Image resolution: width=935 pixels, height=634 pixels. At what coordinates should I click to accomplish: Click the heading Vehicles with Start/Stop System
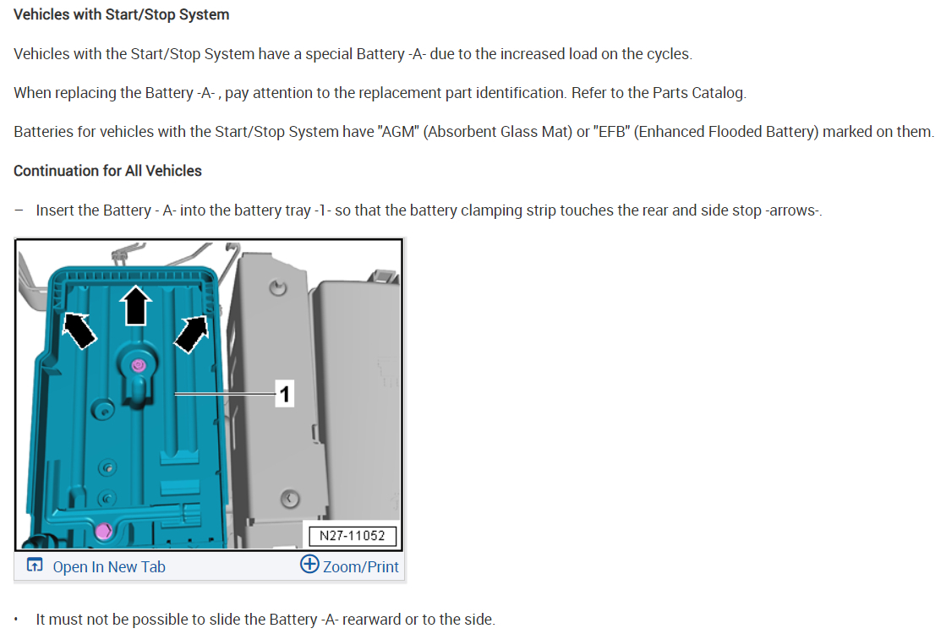click(x=121, y=14)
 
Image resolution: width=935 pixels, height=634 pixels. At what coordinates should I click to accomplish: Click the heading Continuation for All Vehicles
click(x=107, y=171)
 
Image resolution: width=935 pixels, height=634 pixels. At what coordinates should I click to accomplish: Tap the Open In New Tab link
click(x=108, y=567)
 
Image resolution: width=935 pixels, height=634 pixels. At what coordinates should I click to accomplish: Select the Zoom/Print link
click(x=360, y=567)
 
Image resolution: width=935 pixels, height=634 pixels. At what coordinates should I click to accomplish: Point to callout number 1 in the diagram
click(x=285, y=393)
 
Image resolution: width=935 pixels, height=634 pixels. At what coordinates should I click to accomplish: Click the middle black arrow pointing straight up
click(x=135, y=304)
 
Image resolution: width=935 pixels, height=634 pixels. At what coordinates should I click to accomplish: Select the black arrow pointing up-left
click(x=79, y=330)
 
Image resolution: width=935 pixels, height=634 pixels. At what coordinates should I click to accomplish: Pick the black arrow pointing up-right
click(x=192, y=330)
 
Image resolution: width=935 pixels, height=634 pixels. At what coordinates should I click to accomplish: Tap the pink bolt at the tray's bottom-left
click(x=104, y=531)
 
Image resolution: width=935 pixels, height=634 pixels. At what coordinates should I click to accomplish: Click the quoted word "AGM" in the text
click(x=391, y=132)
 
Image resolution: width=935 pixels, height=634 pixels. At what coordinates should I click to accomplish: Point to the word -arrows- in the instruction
click(x=792, y=210)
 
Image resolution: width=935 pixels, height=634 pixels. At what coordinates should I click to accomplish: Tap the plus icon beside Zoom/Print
click(x=309, y=566)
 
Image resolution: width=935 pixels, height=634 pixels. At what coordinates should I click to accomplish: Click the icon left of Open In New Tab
click(x=35, y=566)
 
